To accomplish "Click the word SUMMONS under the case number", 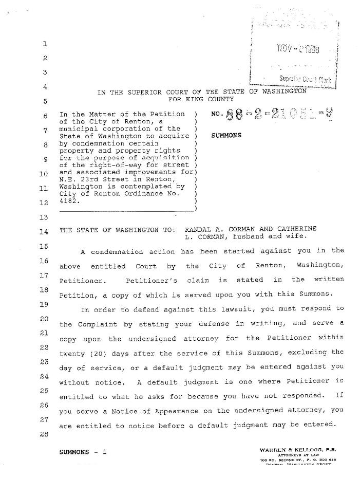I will [226, 136].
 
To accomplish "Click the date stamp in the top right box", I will [297, 50].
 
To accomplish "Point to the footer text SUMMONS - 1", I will [83, 452].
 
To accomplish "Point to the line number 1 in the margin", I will [45, 44].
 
